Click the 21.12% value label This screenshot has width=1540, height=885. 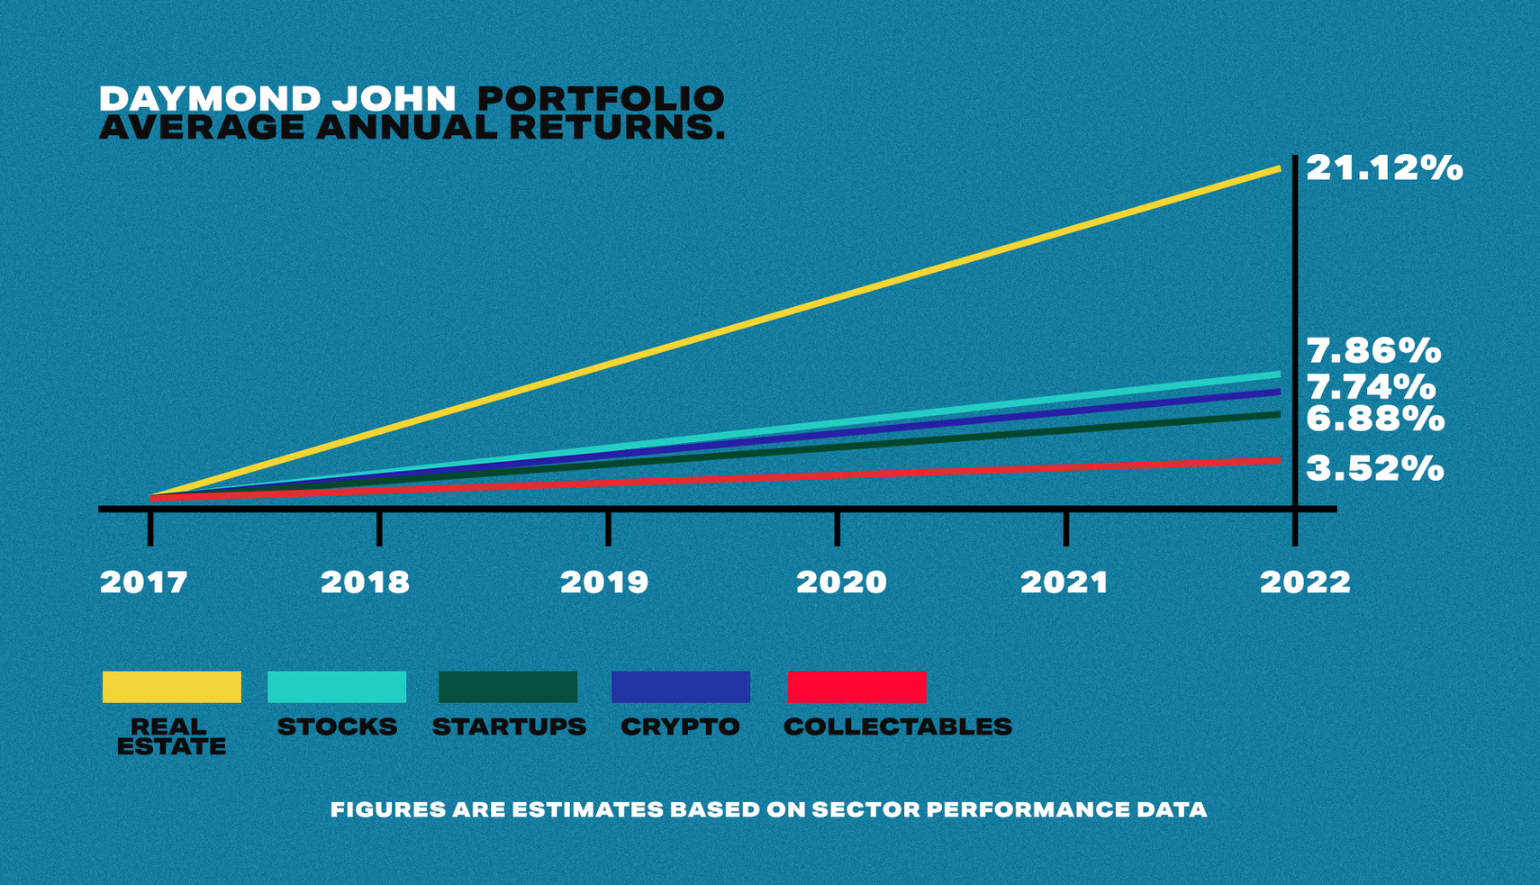pos(1383,168)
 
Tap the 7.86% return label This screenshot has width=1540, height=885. pos(1373,350)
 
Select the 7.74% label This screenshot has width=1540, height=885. pos(1371,387)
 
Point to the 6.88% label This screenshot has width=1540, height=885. pos(1374,419)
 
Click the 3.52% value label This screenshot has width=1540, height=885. pos(1374,468)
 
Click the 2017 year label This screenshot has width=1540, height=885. pos(144,582)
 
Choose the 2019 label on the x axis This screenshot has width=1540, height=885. pos(604,582)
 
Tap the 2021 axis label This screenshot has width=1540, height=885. pos(1064,582)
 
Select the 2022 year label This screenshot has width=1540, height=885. pos(1305,582)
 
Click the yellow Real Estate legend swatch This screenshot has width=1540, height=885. pos(171,687)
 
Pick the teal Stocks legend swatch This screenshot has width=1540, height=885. pos(337,687)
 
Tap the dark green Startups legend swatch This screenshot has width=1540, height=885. pos(508,687)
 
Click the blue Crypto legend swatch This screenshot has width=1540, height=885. pos(681,687)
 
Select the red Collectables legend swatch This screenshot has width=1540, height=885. pos(857,687)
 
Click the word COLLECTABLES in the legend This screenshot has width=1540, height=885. pos(897,727)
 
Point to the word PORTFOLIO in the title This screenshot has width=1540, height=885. pos(600,98)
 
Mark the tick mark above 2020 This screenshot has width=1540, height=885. pos(838,528)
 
